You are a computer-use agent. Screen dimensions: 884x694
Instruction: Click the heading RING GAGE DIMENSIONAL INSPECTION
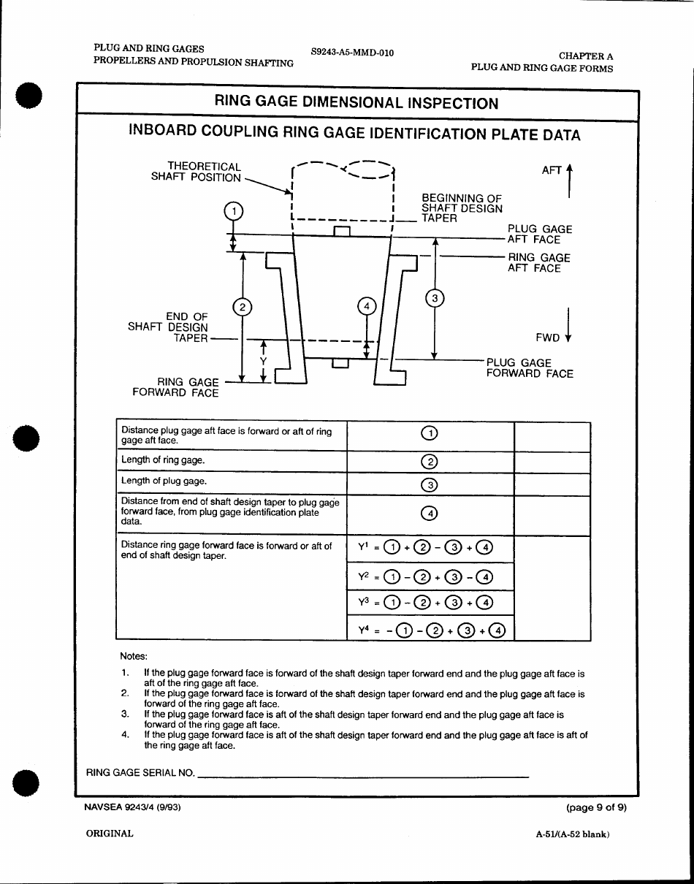pyautogui.click(x=356, y=103)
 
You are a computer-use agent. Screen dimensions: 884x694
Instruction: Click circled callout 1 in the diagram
pyautogui.click(x=233, y=211)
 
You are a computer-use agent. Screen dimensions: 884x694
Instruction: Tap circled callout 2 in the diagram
pyautogui.click(x=242, y=307)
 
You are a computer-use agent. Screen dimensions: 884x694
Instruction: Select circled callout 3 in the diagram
pyautogui.click(x=435, y=298)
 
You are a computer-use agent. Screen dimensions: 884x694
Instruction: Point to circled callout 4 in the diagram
pyautogui.click(x=367, y=306)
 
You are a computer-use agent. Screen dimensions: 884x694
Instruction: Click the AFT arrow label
pyautogui.click(x=552, y=170)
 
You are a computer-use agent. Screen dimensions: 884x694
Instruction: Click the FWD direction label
pyautogui.click(x=548, y=338)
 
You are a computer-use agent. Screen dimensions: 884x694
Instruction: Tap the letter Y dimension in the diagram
pyautogui.click(x=263, y=362)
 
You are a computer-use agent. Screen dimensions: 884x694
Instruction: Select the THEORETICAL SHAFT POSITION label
pyautogui.click(x=196, y=172)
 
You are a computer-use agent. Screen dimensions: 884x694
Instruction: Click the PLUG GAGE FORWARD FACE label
pyautogui.click(x=530, y=368)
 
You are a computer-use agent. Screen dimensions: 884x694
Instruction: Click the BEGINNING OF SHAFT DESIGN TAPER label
pyautogui.click(x=462, y=208)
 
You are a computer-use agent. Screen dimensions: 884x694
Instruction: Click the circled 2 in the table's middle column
pyautogui.click(x=430, y=462)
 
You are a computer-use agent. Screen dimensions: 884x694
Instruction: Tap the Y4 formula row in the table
pyautogui.click(x=431, y=630)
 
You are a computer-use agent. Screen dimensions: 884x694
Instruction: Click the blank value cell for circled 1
pyautogui.click(x=552, y=436)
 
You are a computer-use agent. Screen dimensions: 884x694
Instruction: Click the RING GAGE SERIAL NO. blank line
pyautogui.click(x=362, y=774)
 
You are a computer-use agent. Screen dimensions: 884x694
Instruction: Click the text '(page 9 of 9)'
pyautogui.click(x=596, y=807)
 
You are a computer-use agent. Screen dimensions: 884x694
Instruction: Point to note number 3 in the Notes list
pyautogui.click(x=125, y=714)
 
